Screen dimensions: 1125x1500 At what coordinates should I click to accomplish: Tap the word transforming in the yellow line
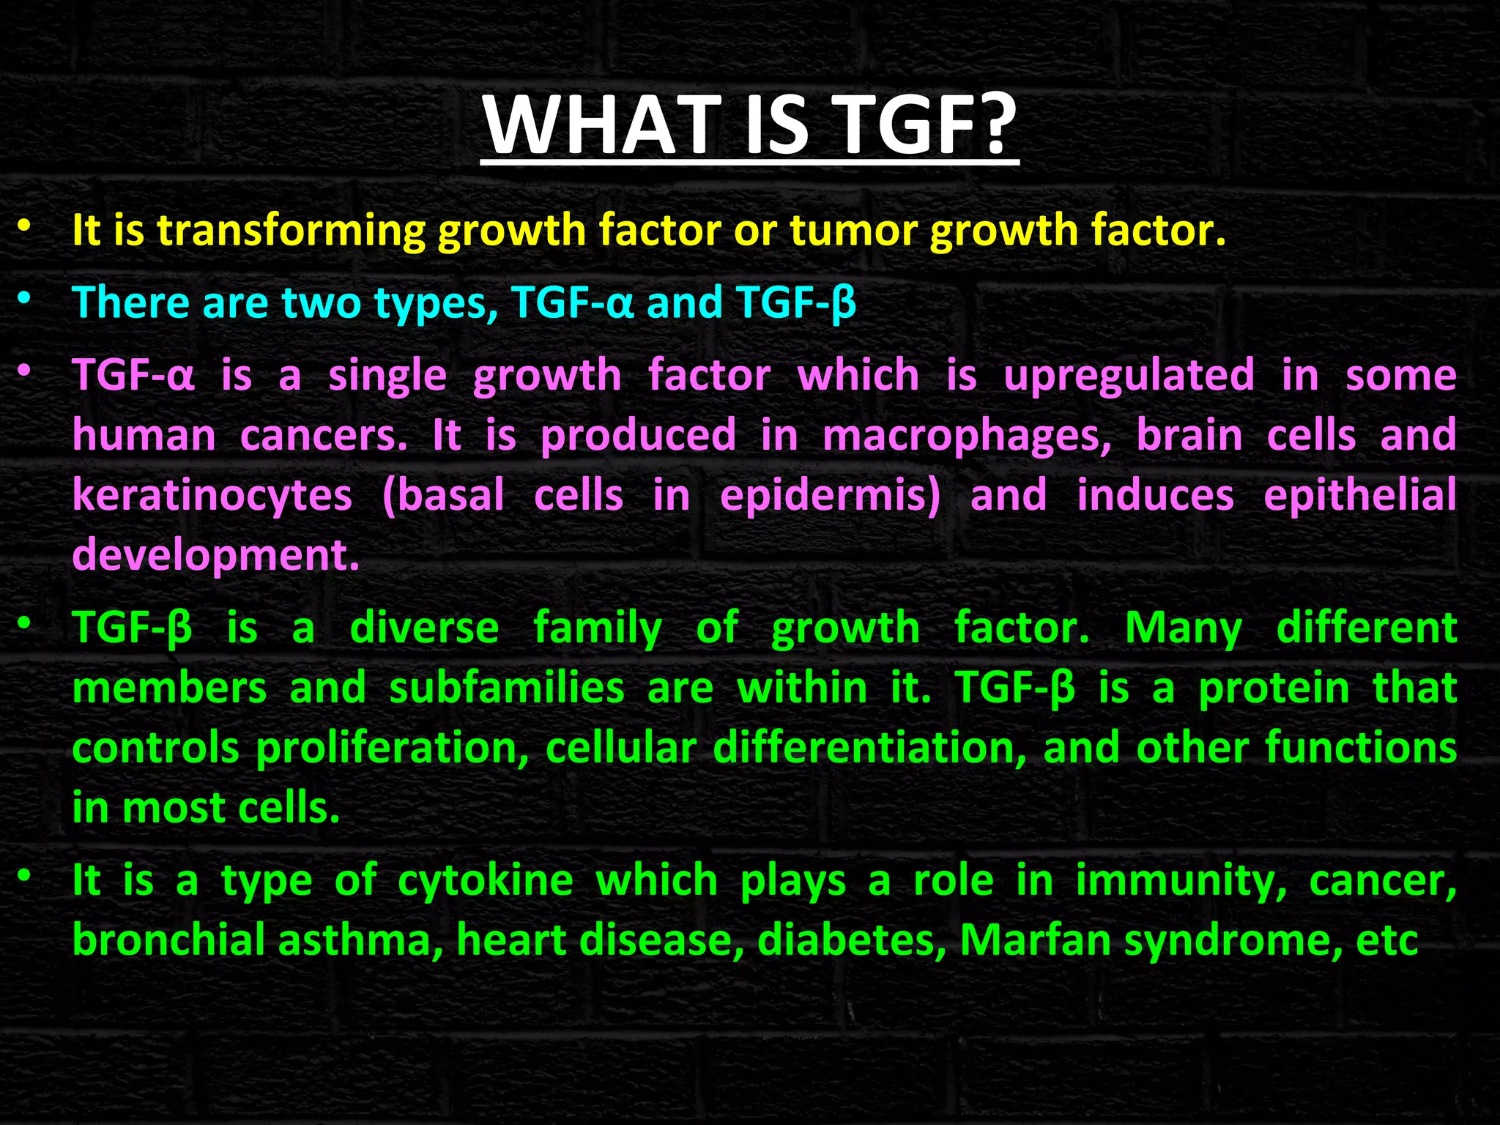coord(291,230)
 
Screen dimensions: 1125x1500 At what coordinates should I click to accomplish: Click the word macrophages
coord(966,437)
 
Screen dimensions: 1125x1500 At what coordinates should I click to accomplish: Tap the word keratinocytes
coord(212,497)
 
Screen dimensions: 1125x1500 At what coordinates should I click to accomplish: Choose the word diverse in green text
coord(424,628)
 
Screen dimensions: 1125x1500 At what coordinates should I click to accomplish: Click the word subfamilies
coord(507,688)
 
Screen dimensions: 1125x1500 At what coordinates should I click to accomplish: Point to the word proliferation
coord(392,749)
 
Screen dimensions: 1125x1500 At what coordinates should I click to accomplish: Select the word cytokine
coord(485,881)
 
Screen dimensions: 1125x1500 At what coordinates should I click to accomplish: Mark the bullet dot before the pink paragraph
coord(25,371)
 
